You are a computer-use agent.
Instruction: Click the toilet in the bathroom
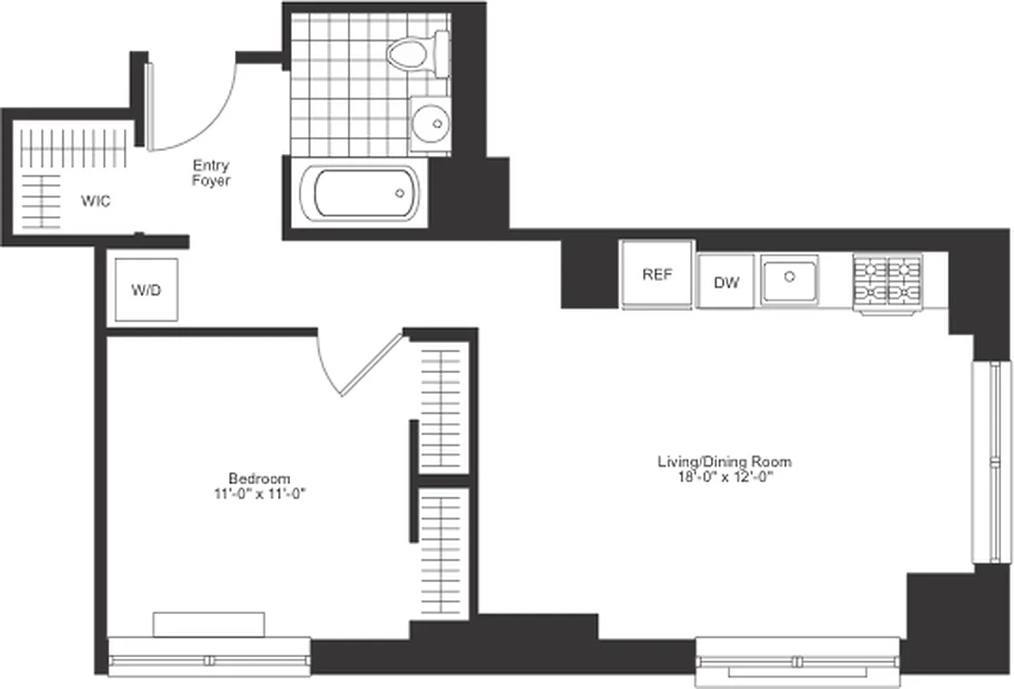[x=419, y=53]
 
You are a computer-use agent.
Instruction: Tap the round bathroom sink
[x=430, y=125]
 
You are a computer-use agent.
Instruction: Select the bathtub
[x=366, y=192]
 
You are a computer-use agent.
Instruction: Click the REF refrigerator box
[x=656, y=275]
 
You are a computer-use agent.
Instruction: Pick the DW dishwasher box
[x=726, y=282]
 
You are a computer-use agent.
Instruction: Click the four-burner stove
[x=887, y=280]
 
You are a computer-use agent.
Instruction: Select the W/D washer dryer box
[x=145, y=290]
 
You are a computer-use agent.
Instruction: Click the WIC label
[x=96, y=201]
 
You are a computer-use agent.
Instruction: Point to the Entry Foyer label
[x=211, y=172]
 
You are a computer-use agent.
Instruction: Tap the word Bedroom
[x=258, y=479]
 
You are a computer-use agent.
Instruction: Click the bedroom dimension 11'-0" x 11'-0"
[x=258, y=493]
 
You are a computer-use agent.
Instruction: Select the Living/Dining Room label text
[x=724, y=462]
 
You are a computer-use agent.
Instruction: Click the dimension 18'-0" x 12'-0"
[x=724, y=477]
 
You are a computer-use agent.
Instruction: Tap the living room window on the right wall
[x=987, y=462]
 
